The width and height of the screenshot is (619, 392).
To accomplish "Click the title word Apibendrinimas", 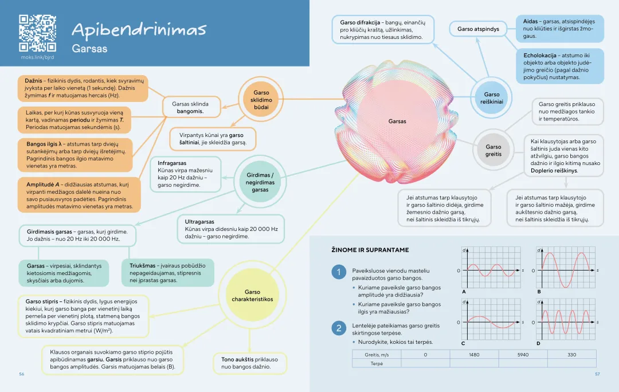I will click(139, 29).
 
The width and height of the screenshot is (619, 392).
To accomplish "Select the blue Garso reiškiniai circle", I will click(491, 98).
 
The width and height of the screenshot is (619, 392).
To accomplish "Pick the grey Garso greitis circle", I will click(493, 151).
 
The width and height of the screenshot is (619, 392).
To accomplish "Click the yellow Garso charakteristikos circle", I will click(252, 296).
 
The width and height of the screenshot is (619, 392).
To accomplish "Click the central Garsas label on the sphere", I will click(397, 121).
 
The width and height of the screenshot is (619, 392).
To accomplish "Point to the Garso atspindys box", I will click(478, 29).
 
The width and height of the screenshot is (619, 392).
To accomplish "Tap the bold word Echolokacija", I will click(540, 56).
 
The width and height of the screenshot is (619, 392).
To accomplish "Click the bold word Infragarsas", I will click(172, 163).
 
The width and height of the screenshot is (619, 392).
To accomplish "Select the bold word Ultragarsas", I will click(199, 221).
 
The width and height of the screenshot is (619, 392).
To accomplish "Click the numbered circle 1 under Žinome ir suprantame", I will click(339, 272).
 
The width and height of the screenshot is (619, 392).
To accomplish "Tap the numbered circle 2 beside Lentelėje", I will click(339, 328).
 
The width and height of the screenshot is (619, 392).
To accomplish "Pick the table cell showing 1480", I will click(474, 355).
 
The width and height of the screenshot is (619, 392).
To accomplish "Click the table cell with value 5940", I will click(523, 355).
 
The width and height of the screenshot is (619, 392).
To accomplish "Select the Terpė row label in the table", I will click(377, 363).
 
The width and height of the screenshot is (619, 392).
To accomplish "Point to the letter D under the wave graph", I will click(538, 343).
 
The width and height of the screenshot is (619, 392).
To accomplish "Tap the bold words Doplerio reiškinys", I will click(554, 170).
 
